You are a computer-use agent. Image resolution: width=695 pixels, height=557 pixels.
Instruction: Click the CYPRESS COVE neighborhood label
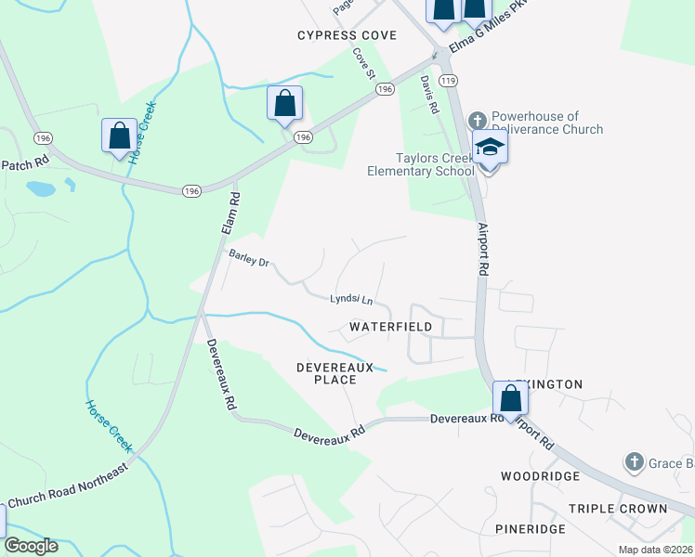point(347,35)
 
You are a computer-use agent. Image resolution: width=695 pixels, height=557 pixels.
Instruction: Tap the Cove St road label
point(363,62)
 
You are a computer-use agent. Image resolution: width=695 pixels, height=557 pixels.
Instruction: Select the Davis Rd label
point(428,95)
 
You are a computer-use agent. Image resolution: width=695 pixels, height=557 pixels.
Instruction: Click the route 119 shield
point(450,82)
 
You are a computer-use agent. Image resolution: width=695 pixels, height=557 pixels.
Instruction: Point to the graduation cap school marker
point(490,148)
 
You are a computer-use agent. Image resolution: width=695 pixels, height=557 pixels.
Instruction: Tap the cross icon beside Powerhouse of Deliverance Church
point(477,120)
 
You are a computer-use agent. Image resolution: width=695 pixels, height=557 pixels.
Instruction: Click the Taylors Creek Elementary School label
point(420,164)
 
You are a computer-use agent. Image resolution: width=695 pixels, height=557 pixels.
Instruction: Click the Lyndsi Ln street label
point(351,300)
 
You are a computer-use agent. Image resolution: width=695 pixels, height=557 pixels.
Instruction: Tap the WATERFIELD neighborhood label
point(390,328)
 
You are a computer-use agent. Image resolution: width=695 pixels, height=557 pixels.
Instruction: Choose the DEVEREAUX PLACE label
point(334,373)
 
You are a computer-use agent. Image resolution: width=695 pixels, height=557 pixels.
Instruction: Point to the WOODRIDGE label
point(540,476)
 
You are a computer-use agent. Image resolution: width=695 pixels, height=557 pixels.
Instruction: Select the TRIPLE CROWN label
point(618,509)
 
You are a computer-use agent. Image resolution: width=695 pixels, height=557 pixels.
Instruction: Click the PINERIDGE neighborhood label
point(530,529)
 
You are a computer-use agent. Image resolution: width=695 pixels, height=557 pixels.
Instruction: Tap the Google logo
point(31,546)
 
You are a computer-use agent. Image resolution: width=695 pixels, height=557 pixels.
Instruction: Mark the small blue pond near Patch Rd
point(41,189)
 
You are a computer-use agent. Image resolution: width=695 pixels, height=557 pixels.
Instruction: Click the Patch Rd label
point(24,162)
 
